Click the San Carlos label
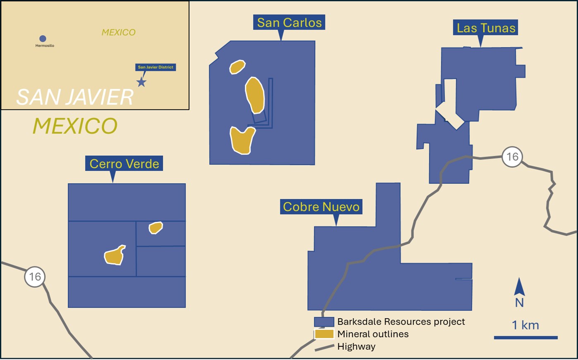pyautogui.click(x=289, y=22)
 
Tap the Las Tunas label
pyautogui.click(x=486, y=28)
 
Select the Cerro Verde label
pyautogui.click(x=124, y=164)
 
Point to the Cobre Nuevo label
pyautogui.click(x=321, y=207)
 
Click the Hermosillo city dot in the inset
pyautogui.click(x=43, y=39)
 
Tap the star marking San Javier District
pyautogui.click(x=141, y=82)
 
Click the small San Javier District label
pyautogui.click(x=155, y=67)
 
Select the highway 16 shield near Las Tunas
pyautogui.click(x=512, y=157)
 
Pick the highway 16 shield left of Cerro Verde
pyautogui.click(x=35, y=277)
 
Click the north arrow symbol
pyautogui.click(x=519, y=286)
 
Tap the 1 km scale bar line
pyautogui.click(x=526, y=338)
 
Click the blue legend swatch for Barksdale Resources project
pyautogui.click(x=324, y=322)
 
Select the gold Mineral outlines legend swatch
pyautogui.click(x=324, y=334)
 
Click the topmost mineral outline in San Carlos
pyautogui.click(x=237, y=67)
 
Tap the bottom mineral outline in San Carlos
pyautogui.click(x=242, y=141)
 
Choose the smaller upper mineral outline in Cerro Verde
pyautogui.click(x=155, y=228)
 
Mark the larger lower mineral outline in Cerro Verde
pyautogui.click(x=115, y=255)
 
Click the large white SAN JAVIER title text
pyautogui.click(x=75, y=97)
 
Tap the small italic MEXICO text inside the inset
pyautogui.click(x=118, y=32)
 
